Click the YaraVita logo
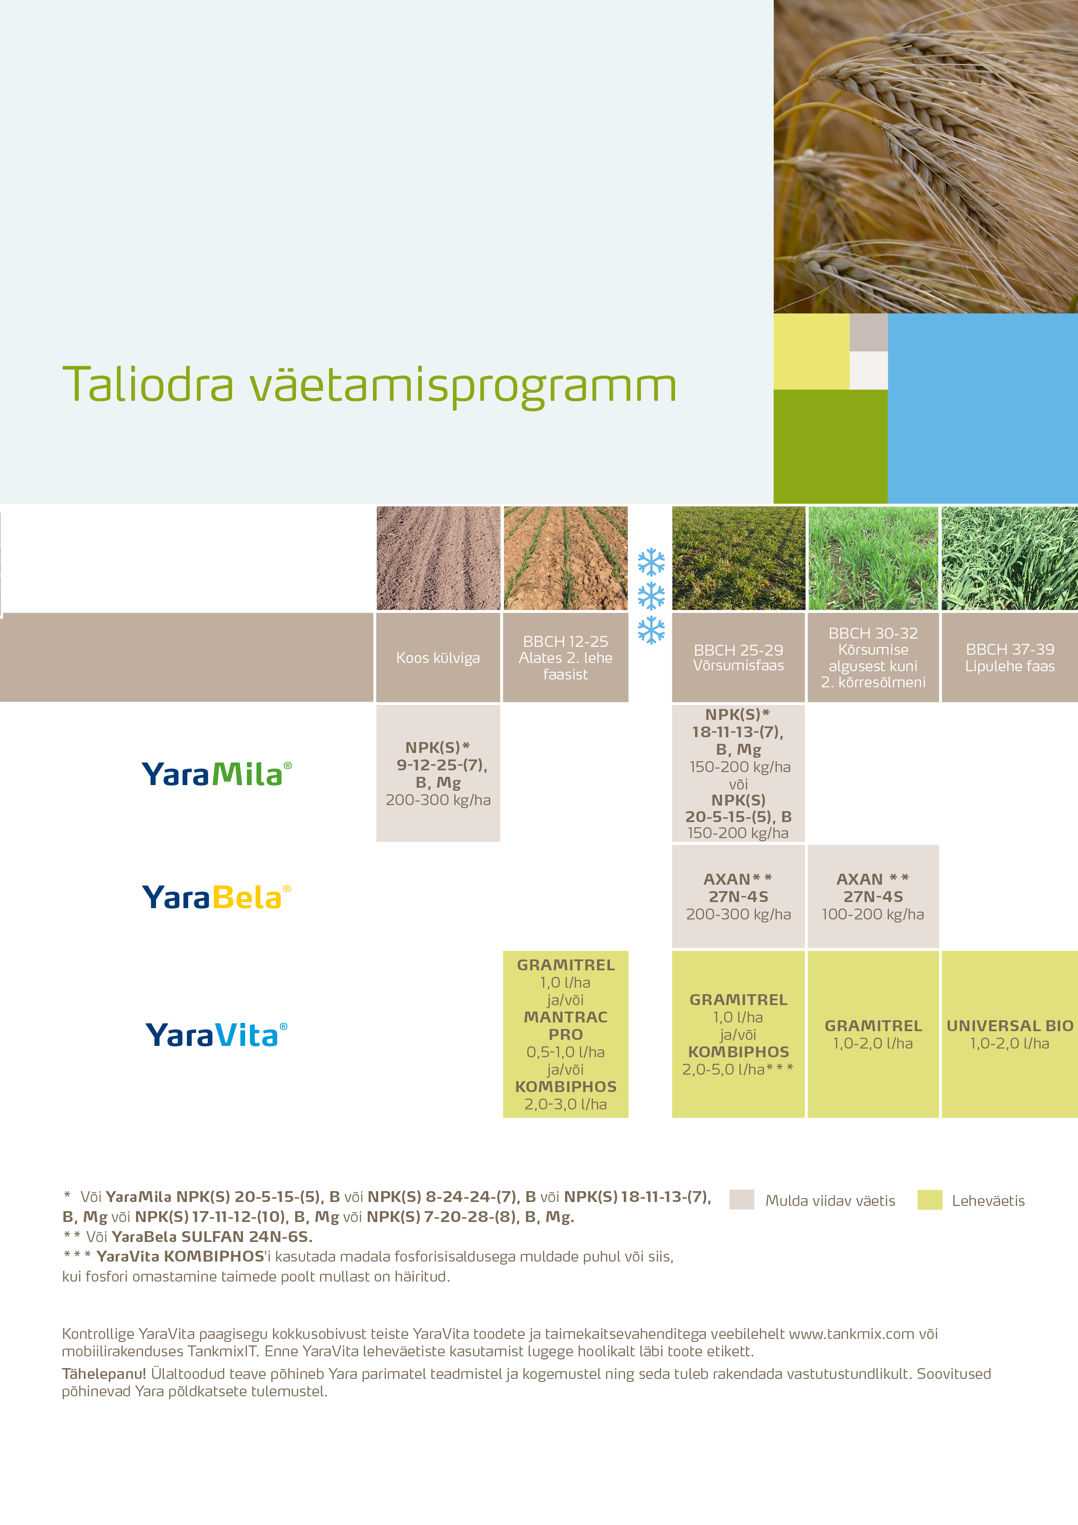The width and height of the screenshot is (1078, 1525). pos(216,1035)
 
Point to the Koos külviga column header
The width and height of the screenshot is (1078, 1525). pos(438,658)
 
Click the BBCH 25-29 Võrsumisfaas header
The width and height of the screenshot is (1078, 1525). pos(738,658)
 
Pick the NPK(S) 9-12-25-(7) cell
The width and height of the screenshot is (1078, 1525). pos(438,774)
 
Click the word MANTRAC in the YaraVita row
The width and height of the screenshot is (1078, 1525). pos(565,1017)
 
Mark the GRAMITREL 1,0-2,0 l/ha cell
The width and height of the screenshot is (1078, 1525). pos(873,1034)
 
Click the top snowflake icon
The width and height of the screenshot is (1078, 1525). pos(651,562)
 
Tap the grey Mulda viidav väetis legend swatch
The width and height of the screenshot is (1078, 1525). pos(741,1199)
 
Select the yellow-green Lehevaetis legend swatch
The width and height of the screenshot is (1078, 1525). pos(929,1199)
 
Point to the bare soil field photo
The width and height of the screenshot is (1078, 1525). pos(438,558)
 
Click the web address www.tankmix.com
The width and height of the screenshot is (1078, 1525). pos(851,1334)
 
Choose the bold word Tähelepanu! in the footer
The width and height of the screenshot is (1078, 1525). pos(103,1374)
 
